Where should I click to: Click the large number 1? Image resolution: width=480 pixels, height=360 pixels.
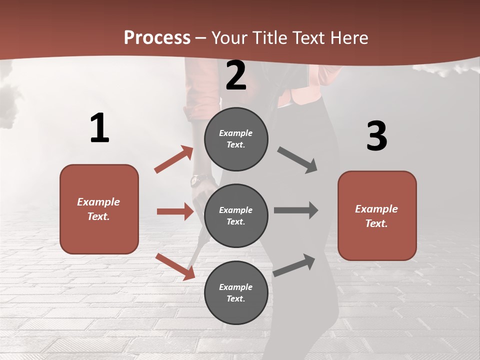click(99, 128)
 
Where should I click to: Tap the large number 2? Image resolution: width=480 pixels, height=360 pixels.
click(236, 75)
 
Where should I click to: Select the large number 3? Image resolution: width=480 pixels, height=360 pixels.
click(376, 136)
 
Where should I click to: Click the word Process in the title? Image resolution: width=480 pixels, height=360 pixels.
click(157, 37)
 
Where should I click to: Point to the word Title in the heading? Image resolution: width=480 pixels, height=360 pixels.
click(269, 37)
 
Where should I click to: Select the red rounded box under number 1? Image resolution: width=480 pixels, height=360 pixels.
click(99, 209)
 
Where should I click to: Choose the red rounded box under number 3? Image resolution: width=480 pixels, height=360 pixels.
click(377, 215)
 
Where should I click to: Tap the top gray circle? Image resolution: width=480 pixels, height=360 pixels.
click(236, 139)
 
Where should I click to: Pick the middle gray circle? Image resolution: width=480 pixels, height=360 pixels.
click(236, 215)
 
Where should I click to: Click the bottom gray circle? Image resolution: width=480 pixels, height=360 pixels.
click(236, 292)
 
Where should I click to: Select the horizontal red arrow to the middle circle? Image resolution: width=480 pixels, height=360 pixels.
click(175, 211)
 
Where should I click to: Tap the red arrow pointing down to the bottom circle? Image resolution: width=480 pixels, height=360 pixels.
click(175, 266)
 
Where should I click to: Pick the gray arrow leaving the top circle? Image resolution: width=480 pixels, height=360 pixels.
click(297, 160)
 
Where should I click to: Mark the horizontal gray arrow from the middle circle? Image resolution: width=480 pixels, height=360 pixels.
click(296, 210)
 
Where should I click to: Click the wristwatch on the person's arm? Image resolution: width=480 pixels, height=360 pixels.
click(195, 179)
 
